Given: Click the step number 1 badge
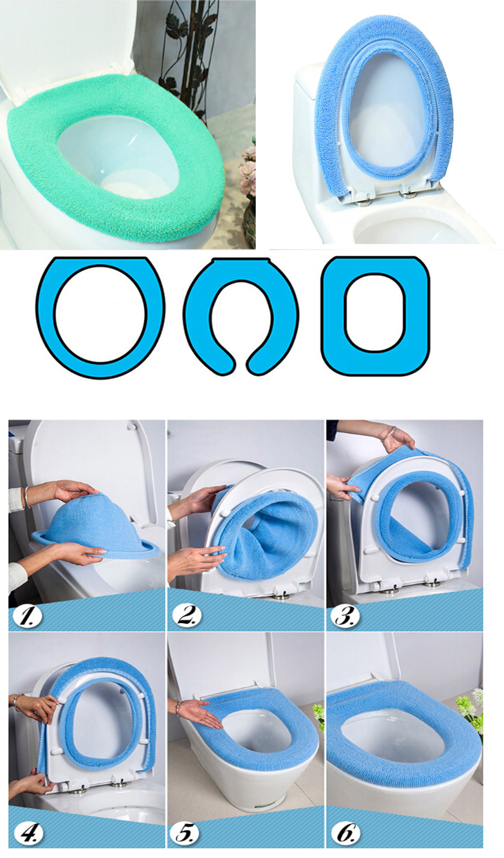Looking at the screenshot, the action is tap(27, 616).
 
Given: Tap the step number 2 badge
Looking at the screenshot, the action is tap(187, 616).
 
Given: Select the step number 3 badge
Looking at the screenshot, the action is tap(346, 616).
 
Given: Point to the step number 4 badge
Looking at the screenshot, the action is tap(29, 833).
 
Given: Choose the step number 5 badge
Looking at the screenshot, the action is tap(185, 833).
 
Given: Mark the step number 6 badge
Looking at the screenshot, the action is tap(346, 833).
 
